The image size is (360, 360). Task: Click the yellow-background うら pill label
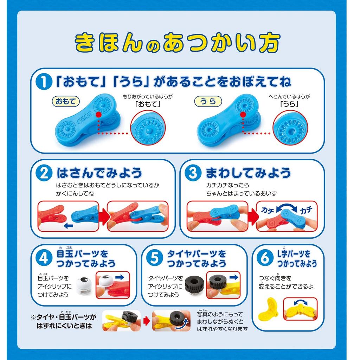coord(207,102)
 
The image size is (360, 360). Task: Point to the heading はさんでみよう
coord(99,173)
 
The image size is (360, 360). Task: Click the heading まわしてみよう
coord(248,173)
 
